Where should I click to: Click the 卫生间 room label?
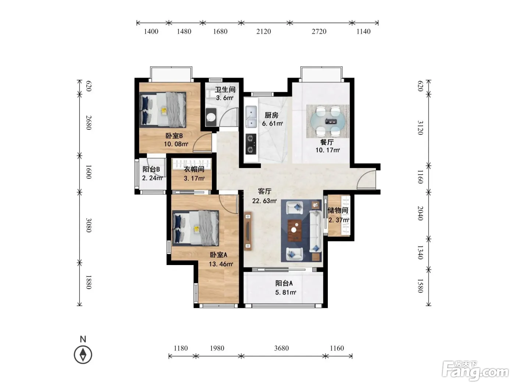(x=225, y=89)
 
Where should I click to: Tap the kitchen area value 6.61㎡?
(x=272, y=124)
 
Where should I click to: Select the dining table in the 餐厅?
(x=327, y=121)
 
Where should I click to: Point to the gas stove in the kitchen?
(x=251, y=144)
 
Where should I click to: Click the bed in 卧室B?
(x=163, y=110)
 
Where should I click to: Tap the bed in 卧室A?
(x=195, y=228)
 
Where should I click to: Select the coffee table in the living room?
(x=295, y=230)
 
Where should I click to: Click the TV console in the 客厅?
(x=248, y=231)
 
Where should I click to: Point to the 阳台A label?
(x=284, y=283)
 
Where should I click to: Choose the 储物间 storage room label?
(x=338, y=210)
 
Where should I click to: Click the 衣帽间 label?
(x=194, y=169)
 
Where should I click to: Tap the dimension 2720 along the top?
(x=319, y=31)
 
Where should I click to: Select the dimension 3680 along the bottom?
(x=281, y=348)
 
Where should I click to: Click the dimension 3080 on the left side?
(x=88, y=225)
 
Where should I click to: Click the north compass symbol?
(x=83, y=355)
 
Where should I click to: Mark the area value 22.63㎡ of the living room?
(x=264, y=201)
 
